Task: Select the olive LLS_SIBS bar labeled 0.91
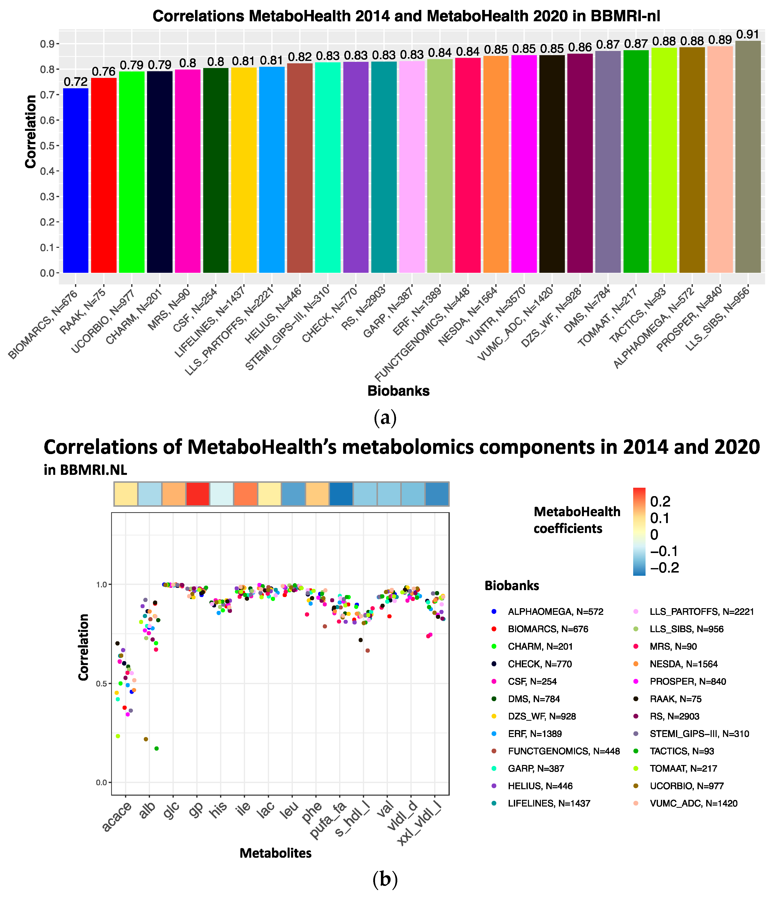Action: [x=748, y=156]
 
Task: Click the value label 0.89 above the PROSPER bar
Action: [x=720, y=40]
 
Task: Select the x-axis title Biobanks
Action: [x=398, y=391]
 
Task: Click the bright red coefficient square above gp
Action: [x=198, y=494]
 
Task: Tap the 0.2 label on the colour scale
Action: [x=660, y=502]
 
